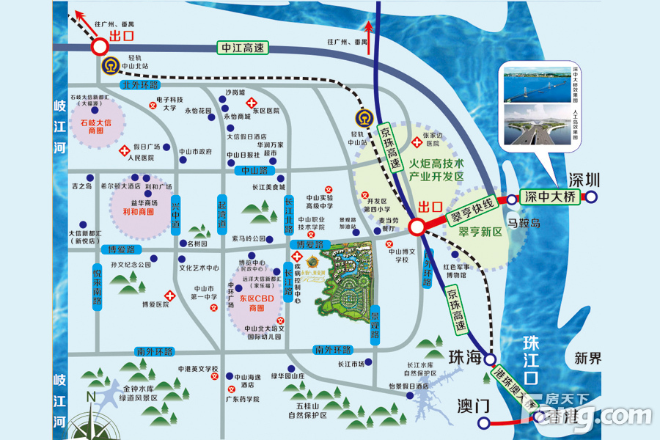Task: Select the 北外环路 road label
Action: click(142, 85)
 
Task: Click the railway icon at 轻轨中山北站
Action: click(111, 65)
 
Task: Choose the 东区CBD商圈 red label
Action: click(256, 304)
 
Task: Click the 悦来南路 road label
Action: click(97, 286)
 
